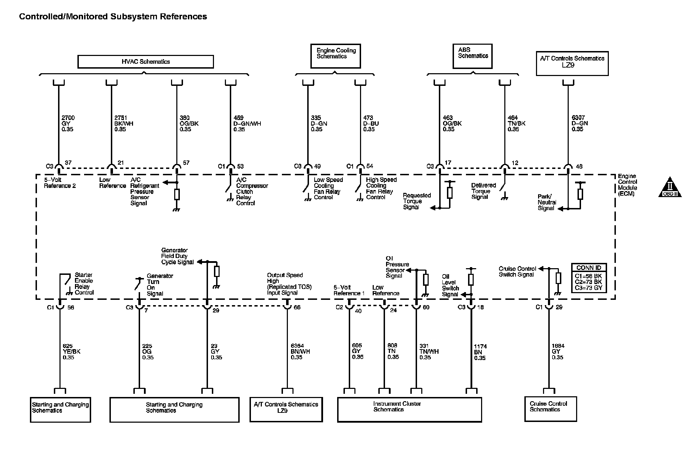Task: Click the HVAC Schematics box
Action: tap(145, 62)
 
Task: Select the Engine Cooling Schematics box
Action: tap(335, 56)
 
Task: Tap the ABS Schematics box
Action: tap(472, 56)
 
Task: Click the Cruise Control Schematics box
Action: tap(550, 409)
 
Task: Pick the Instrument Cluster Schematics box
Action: tap(409, 409)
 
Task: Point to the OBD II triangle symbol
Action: tap(670, 188)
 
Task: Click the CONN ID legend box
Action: tap(589, 278)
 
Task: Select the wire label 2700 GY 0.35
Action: tap(68, 124)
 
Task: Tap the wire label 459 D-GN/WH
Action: tap(247, 124)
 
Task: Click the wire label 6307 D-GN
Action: tap(579, 124)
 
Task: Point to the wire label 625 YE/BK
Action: tap(71, 352)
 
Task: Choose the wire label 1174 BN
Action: tap(480, 352)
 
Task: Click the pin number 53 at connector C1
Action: tap(240, 166)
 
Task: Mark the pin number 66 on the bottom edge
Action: tap(297, 307)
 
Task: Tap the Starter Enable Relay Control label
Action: tap(84, 284)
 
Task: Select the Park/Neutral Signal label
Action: tap(547, 202)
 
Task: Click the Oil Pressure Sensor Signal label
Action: tap(397, 267)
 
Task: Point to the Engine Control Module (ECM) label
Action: tap(627, 185)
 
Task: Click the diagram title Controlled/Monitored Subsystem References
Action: tap(113, 17)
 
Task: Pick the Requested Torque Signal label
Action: tap(416, 201)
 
